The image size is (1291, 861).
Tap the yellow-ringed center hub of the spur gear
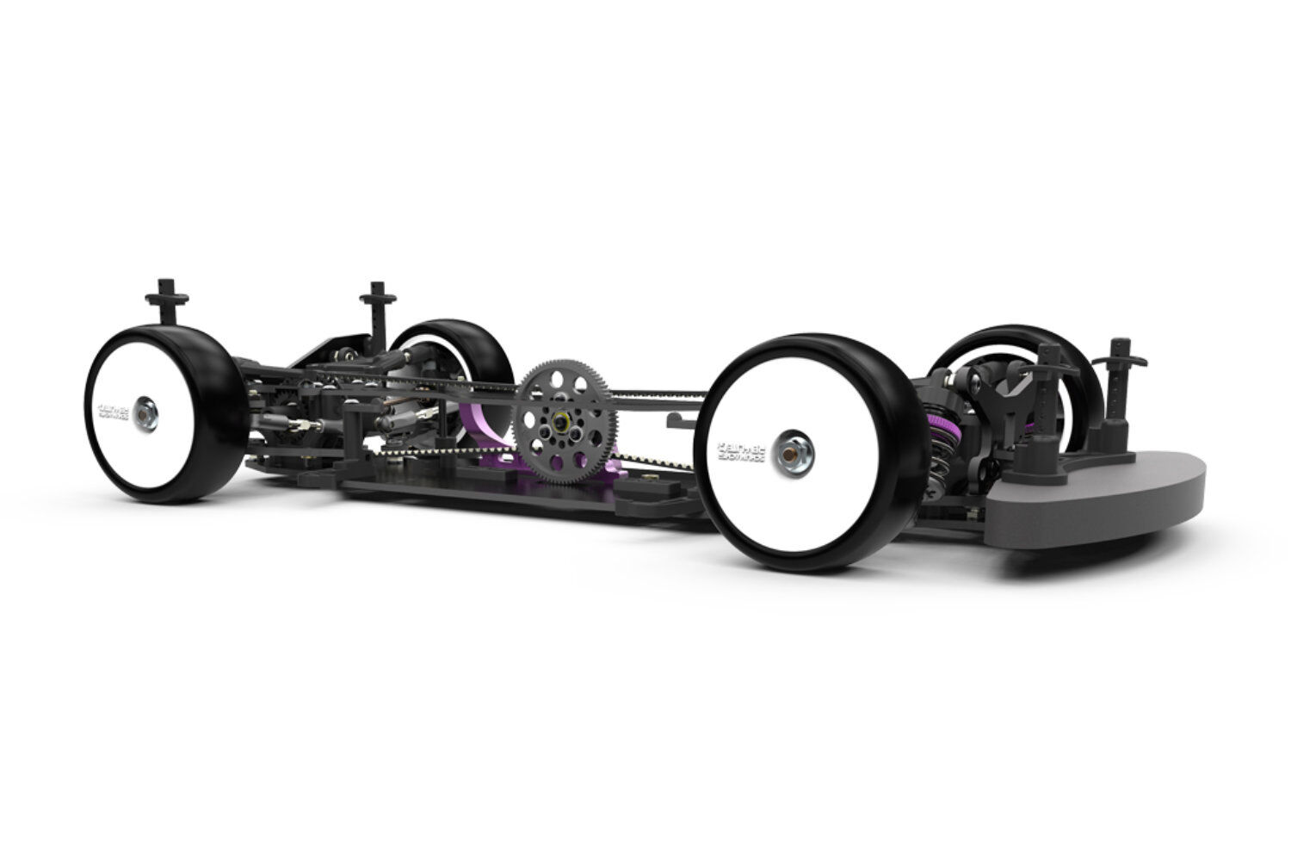click(561, 423)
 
